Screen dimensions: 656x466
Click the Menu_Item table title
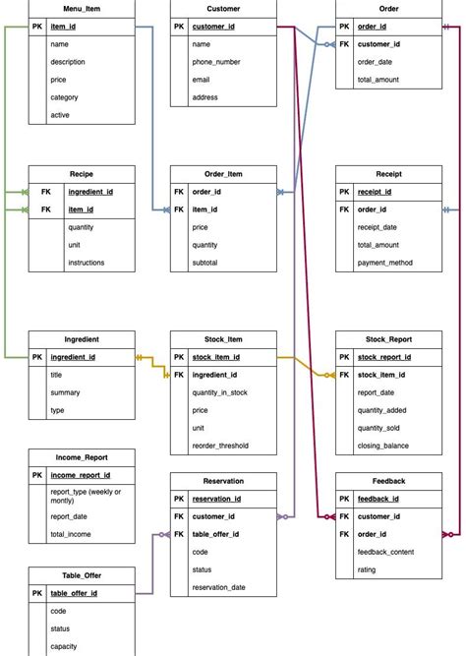[82, 9]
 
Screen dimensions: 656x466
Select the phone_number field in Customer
[216, 62]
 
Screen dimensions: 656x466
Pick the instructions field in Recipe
[87, 263]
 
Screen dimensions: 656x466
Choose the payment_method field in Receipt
[385, 263]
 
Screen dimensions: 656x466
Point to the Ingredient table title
[82, 338]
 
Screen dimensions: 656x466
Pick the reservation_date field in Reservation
[218, 587]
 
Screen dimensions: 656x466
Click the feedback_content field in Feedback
[391, 553]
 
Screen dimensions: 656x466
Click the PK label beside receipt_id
[345, 192]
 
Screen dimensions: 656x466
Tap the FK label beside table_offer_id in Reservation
[179, 534]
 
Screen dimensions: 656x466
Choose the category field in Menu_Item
[65, 97]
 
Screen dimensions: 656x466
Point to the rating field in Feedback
[368, 570]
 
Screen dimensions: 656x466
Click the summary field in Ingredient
[67, 392]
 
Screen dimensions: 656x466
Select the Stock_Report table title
[388, 338]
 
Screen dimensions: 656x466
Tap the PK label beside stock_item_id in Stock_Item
[179, 357]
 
